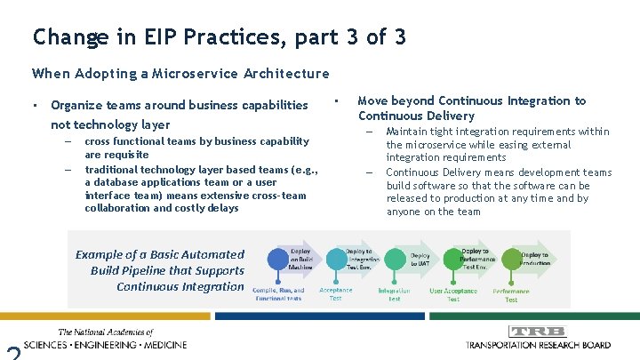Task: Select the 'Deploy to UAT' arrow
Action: (419, 259)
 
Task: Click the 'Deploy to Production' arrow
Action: (533, 259)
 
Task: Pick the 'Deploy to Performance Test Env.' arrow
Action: (476, 259)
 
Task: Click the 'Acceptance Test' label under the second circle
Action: (335, 293)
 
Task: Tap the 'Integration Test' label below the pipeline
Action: (394, 294)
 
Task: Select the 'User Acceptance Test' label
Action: (453, 294)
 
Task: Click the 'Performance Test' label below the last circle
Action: (511, 294)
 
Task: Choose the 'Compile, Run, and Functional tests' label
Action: (277, 294)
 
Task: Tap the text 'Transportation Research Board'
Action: (539, 344)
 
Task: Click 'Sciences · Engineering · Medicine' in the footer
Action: (106, 344)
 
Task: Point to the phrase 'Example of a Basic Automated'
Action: (159, 254)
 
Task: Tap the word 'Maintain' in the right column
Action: (406, 132)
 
